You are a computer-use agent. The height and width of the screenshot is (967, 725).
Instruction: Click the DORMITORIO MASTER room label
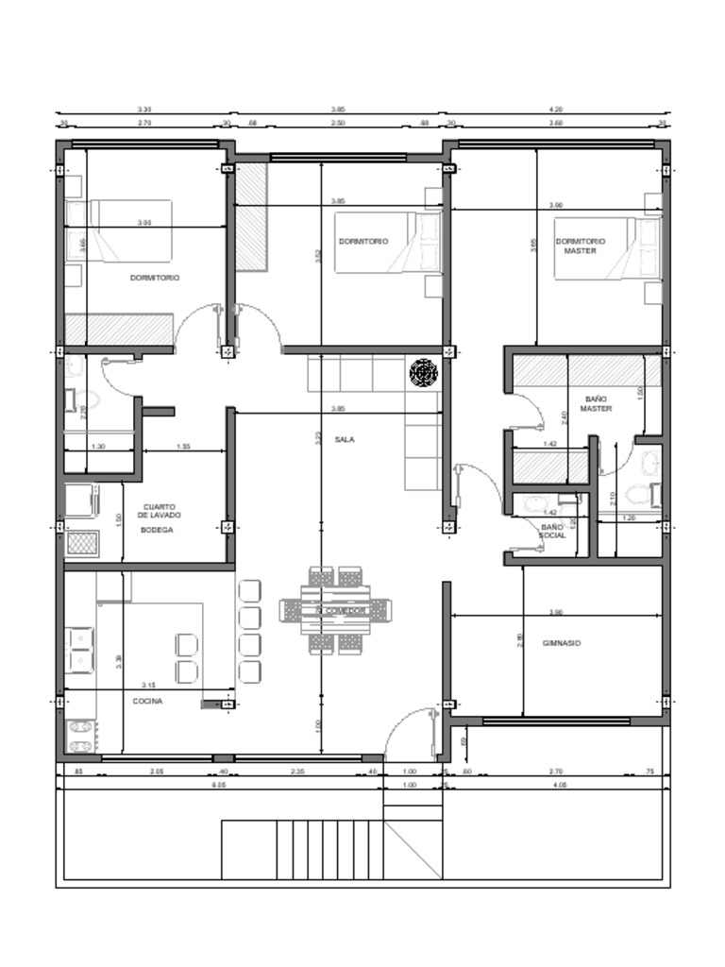580,246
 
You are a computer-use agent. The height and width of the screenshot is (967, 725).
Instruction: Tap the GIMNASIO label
562,643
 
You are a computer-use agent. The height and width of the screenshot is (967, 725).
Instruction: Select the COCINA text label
147,701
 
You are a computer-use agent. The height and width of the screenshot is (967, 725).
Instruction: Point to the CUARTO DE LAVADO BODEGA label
157,518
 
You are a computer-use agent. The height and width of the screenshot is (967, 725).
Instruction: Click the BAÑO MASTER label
597,404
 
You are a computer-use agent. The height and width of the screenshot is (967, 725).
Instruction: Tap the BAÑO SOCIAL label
552,531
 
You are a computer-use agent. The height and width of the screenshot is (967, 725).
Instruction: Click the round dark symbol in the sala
424,374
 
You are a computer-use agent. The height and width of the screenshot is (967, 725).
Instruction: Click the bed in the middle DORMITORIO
387,242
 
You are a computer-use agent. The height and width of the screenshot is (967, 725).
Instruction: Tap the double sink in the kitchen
79,651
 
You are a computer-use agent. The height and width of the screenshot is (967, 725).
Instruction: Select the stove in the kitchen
81,735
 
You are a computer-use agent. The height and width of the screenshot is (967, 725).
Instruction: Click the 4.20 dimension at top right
556,110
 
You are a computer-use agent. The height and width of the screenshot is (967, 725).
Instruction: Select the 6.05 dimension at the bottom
219,784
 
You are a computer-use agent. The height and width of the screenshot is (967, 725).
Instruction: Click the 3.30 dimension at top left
144,110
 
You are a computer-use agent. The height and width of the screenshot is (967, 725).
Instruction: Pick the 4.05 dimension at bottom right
559,784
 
